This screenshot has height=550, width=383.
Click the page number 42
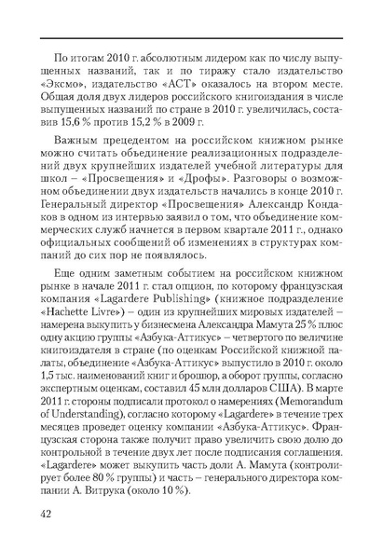click(x=45, y=515)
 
